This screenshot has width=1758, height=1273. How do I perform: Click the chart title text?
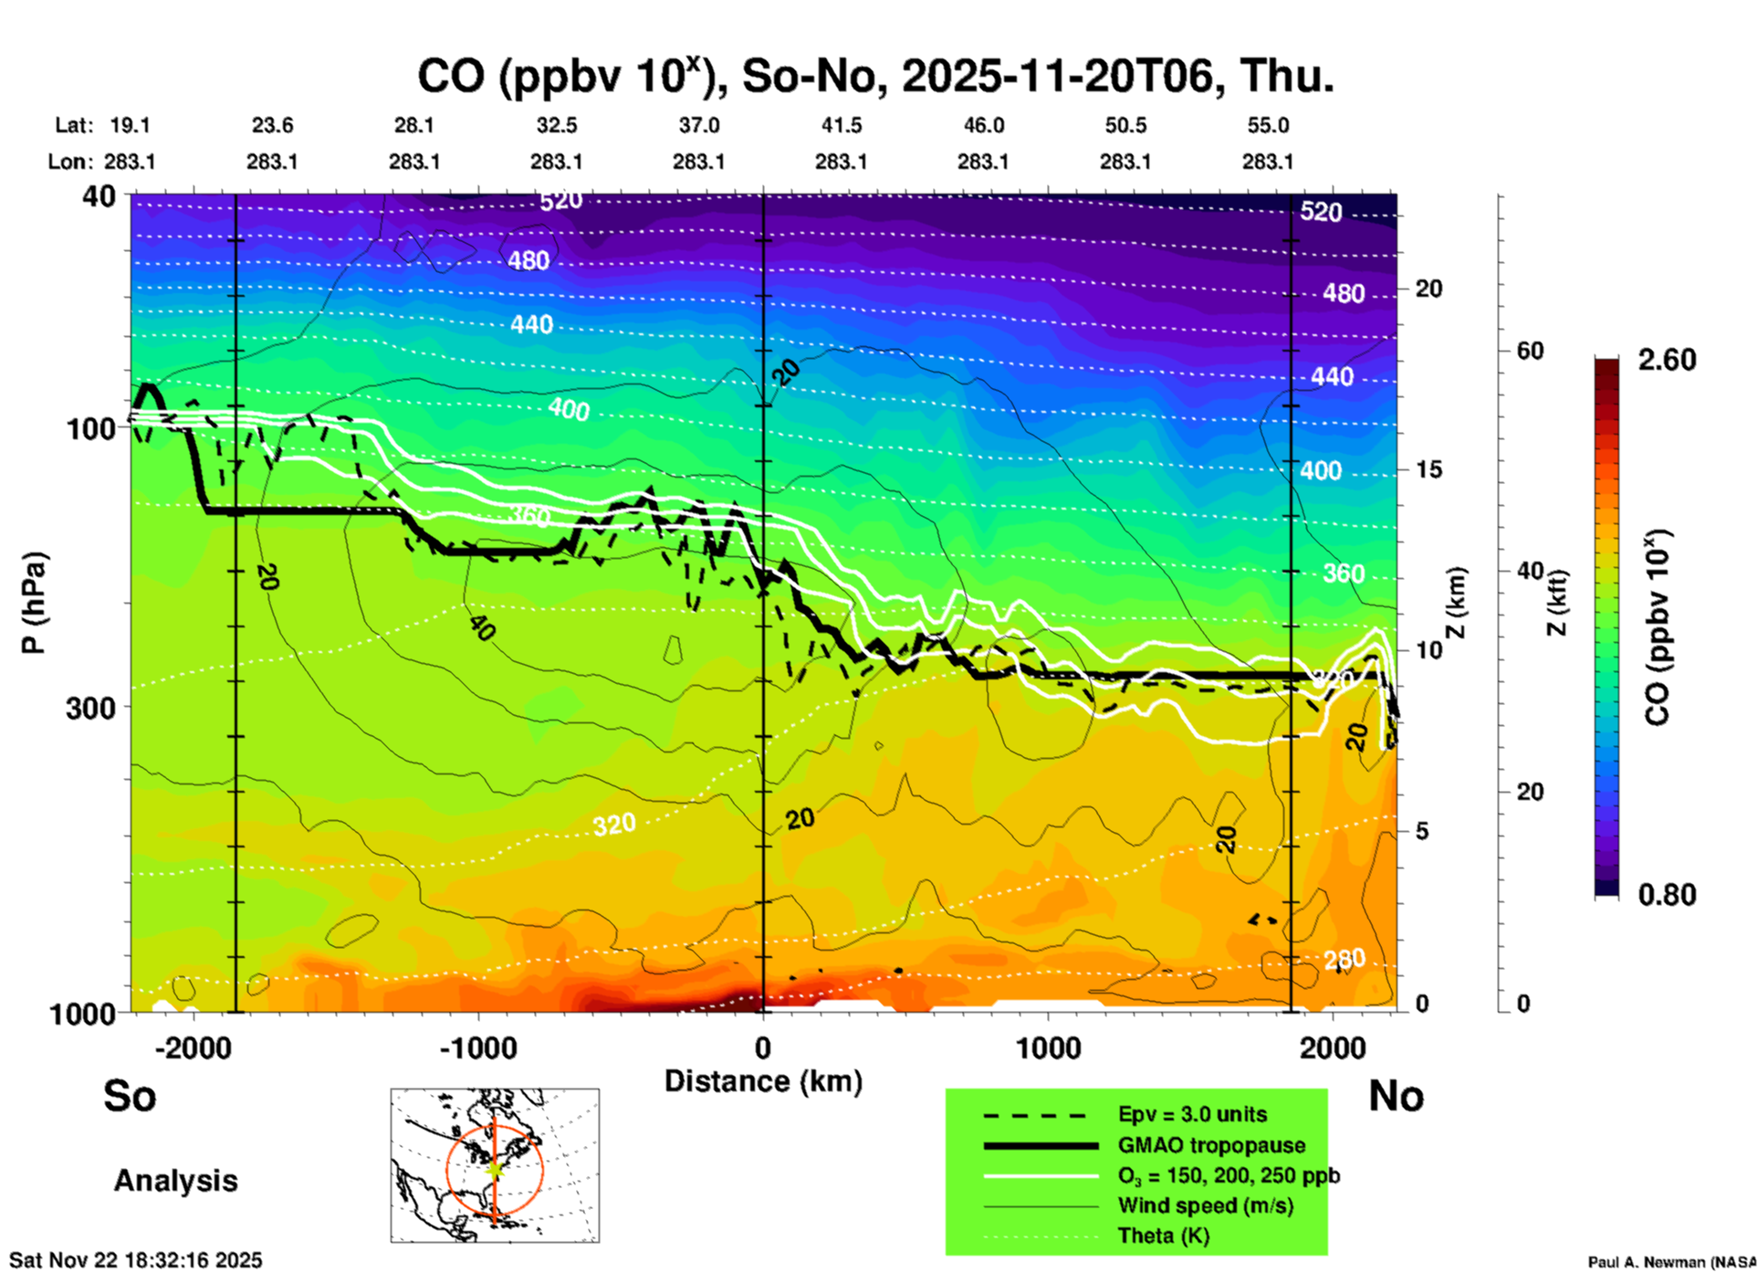tap(874, 76)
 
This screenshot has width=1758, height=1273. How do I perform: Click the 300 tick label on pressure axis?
tap(91, 708)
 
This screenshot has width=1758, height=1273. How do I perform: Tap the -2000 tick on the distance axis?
tap(194, 1047)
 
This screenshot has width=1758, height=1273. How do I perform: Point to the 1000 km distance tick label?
tap(1048, 1047)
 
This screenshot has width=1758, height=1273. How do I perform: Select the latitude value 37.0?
tap(698, 125)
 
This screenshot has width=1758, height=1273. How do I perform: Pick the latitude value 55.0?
tap(1268, 125)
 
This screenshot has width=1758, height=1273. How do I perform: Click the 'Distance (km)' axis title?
tap(763, 1081)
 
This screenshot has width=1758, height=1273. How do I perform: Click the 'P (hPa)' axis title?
tap(33, 603)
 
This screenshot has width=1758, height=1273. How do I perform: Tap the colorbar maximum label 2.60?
tap(1667, 360)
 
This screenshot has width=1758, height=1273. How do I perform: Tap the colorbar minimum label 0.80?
tap(1667, 894)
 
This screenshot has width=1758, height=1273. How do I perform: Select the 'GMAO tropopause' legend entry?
tap(1211, 1145)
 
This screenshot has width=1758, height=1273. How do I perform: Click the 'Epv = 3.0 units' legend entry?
tap(1192, 1114)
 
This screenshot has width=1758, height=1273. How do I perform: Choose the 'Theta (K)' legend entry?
tap(1163, 1236)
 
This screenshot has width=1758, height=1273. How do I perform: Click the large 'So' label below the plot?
tap(130, 1096)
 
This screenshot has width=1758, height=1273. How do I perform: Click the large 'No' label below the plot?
tap(1396, 1096)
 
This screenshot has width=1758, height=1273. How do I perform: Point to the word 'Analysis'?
tap(175, 1181)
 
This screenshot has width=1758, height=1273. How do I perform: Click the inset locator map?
tap(495, 1165)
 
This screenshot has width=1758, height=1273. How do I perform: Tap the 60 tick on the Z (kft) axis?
tap(1530, 351)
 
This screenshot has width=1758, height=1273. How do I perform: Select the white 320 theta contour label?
tap(613, 825)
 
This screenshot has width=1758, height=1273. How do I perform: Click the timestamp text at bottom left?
tap(136, 1260)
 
